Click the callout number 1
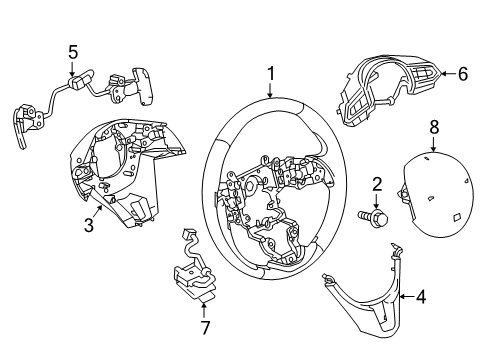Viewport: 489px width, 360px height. tap(271, 74)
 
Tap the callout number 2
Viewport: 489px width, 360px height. tap(377, 184)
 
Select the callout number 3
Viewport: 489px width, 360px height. tap(89, 225)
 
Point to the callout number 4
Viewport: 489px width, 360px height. tap(421, 296)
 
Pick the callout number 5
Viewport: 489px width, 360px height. tap(73, 52)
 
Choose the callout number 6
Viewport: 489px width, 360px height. tap(463, 74)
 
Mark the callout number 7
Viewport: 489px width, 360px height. tap(205, 327)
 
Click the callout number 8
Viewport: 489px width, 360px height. tap(434, 127)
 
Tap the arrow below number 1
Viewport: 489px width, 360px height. tap(271, 90)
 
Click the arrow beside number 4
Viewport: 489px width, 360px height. tap(407, 296)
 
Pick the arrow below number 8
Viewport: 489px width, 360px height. tap(433, 144)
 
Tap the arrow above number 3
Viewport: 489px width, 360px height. tap(98, 211)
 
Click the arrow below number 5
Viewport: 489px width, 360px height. tap(72, 69)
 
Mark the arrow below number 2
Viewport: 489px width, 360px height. tap(376, 201)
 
